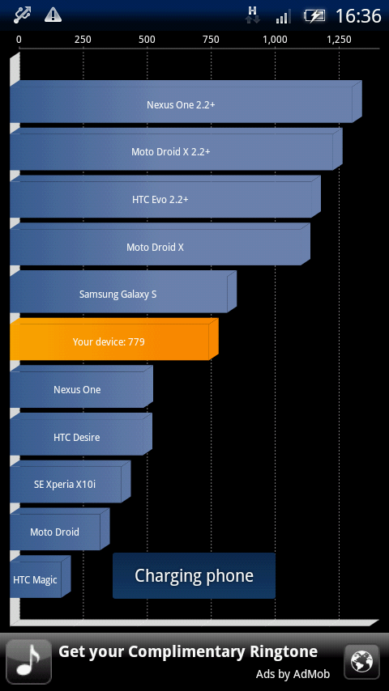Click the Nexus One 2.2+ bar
(181, 105)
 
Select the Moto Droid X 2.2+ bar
(171, 152)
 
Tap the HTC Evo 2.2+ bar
(160, 200)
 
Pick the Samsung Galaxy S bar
(118, 295)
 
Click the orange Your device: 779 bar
(109, 342)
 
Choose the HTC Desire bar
(77, 437)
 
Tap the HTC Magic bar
(36, 579)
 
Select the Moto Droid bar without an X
(55, 532)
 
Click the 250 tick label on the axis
(83, 40)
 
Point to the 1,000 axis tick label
(275, 40)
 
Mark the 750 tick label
(211, 40)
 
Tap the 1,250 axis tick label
(339, 40)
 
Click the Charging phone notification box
(194, 576)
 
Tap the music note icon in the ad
(28, 662)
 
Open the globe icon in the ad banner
(361, 662)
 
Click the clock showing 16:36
(358, 16)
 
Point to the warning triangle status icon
(53, 15)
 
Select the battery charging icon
(314, 16)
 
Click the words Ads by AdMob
(293, 674)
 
